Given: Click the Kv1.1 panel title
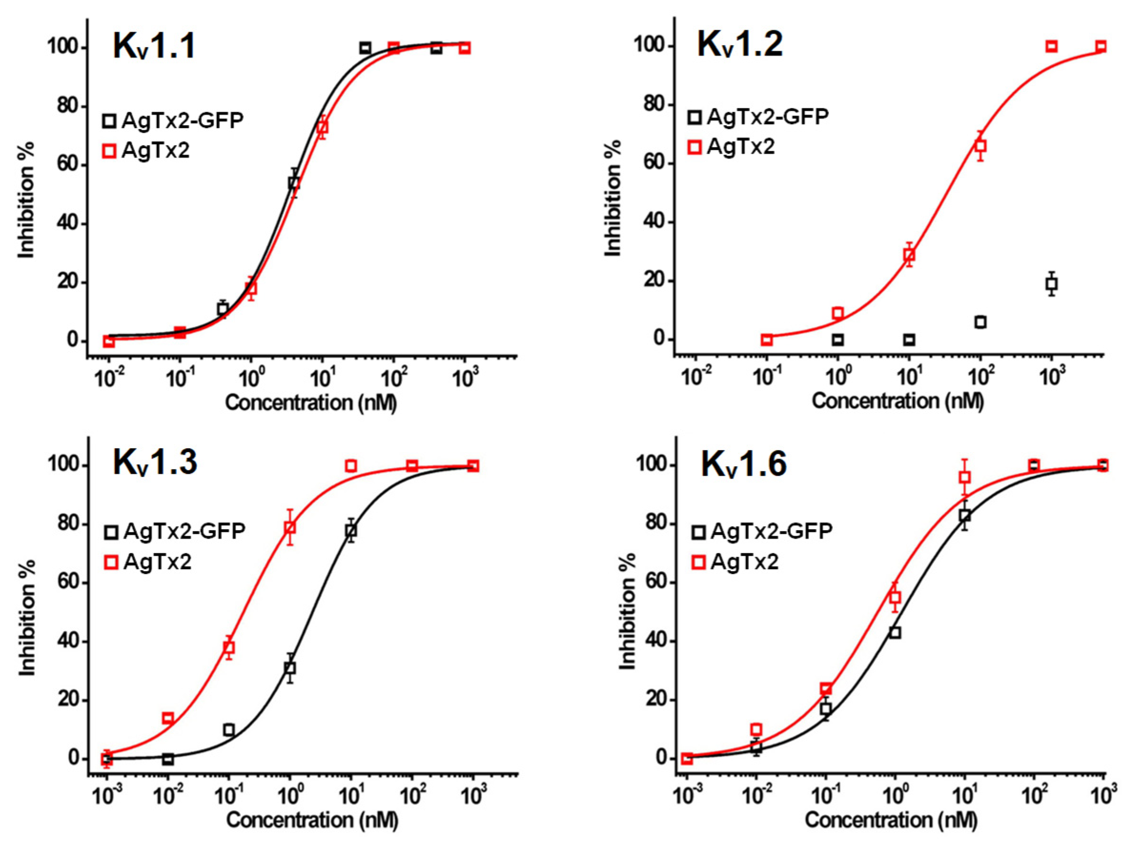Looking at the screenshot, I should pyautogui.click(x=154, y=47).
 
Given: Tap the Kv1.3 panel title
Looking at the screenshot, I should pyautogui.click(x=154, y=463).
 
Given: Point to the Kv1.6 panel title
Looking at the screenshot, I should pyautogui.click(x=743, y=464).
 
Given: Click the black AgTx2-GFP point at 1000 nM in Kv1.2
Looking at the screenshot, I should pyautogui.click(x=1052, y=284).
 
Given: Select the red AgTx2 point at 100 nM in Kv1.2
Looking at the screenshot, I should pyautogui.click(x=981, y=146).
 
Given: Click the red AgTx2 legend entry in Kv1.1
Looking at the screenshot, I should pyautogui.click(x=146, y=151).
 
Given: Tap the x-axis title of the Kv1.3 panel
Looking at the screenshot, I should pyautogui.click(x=312, y=820).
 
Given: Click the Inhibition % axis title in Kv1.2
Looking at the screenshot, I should pyautogui.click(x=613, y=198).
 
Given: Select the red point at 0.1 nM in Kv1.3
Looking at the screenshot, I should pyautogui.click(x=229, y=648).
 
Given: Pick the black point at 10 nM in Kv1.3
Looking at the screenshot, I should pyautogui.click(x=351, y=531).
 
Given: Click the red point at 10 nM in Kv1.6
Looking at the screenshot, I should pyautogui.click(x=965, y=477).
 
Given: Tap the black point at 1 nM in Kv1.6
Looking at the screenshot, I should pyautogui.click(x=895, y=633).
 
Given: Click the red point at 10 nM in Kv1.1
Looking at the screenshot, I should pyautogui.click(x=323, y=127).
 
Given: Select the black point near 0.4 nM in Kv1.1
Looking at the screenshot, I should pyautogui.click(x=223, y=309).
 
